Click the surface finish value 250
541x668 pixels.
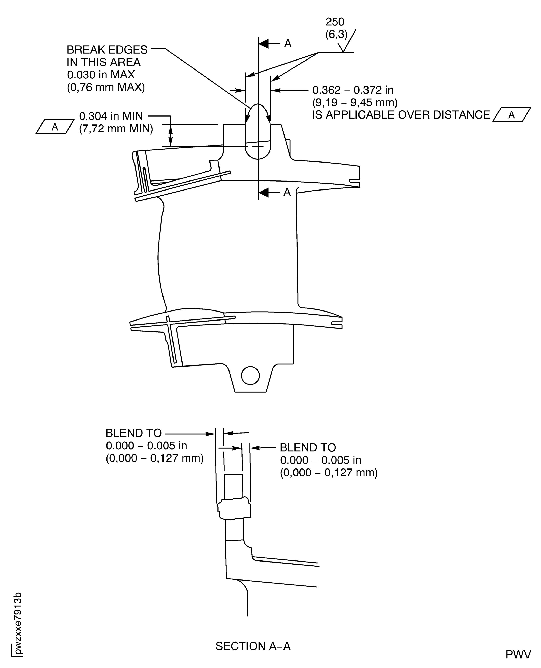335,22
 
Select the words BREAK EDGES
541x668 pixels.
107,50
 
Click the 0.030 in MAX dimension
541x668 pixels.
101,75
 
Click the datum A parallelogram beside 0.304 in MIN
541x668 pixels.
55,127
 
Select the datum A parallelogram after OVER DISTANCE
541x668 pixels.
511,115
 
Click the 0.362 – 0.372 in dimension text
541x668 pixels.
353,90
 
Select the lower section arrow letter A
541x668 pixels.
287,192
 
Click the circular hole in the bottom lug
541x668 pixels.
250,376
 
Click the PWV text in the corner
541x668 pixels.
518,655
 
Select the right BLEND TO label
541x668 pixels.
308,448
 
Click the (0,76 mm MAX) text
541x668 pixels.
106,87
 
